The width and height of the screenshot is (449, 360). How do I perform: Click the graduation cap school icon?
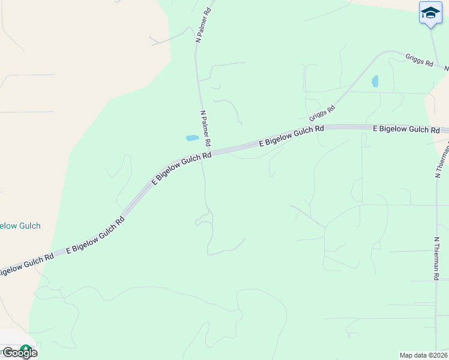click(x=430, y=13)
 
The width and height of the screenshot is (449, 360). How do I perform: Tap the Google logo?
click(x=19, y=353)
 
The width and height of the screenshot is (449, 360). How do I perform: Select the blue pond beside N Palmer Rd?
click(x=192, y=138)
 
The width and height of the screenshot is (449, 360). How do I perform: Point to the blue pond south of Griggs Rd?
click(x=375, y=81)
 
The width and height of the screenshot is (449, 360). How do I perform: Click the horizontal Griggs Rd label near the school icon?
click(x=419, y=61)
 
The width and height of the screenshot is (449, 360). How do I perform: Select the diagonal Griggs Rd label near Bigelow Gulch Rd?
click(x=322, y=112)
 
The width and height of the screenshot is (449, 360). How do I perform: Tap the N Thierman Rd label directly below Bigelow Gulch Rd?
click(x=439, y=160)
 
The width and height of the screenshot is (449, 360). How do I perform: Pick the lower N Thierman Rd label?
click(x=436, y=258)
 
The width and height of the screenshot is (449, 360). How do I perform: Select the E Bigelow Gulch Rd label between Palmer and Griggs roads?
click(x=291, y=136)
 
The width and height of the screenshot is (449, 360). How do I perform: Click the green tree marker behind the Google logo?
click(x=26, y=349)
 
